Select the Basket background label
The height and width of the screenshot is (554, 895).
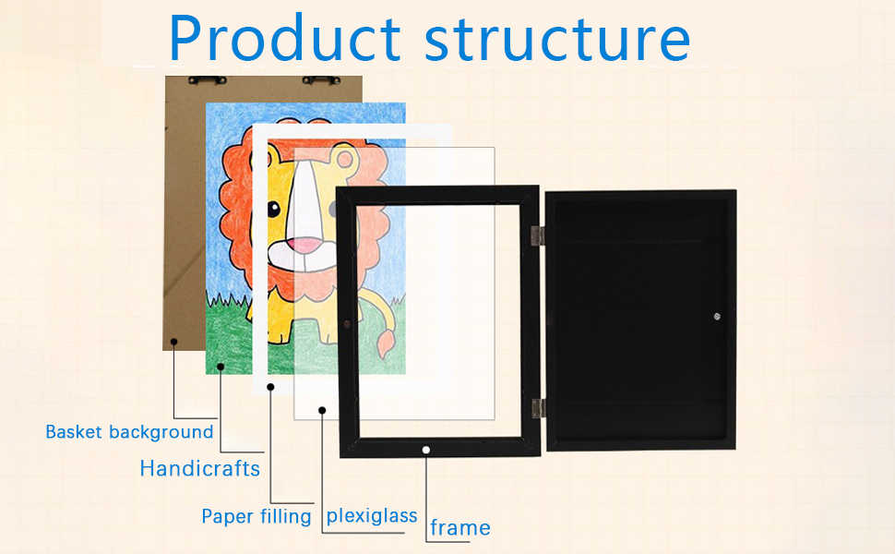[x=129, y=432]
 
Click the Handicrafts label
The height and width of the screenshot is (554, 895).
[x=199, y=468]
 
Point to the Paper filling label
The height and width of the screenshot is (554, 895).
[x=257, y=516]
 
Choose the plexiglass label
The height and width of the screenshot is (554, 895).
[x=372, y=515]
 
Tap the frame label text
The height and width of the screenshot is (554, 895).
[x=460, y=528]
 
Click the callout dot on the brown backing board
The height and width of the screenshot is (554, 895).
[x=173, y=342]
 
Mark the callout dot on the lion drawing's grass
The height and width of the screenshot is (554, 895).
[x=221, y=367]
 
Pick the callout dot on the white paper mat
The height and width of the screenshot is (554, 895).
[x=270, y=388]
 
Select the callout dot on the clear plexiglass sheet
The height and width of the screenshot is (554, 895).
[x=322, y=409]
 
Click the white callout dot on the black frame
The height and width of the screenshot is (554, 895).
[x=426, y=450]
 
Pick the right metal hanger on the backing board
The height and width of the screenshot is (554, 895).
[x=323, y=80]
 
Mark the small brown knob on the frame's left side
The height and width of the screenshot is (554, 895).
[x=346, y=324]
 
